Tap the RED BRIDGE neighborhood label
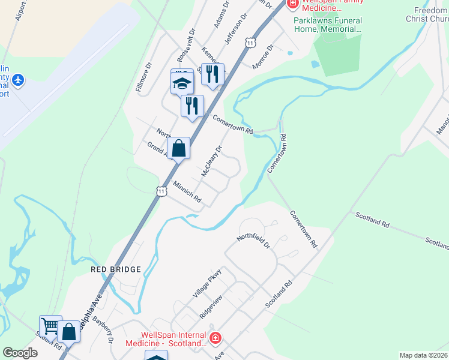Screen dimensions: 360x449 [115, 269]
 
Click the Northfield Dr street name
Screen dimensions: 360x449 [253, 241]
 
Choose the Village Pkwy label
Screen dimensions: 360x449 [207, 283]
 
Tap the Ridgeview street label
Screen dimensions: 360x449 [211, 306]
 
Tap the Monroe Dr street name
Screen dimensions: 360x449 [262, 56]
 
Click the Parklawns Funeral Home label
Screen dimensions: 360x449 [328, 24]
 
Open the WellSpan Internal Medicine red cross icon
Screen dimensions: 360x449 [215, 339]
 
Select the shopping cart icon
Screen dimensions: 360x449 [50, 326]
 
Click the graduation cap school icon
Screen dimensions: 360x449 [181, 83]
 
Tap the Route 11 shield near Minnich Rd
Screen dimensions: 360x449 [161, 191]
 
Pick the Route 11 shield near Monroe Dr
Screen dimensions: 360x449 [250, 43]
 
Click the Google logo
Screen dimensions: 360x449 [20, 352]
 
